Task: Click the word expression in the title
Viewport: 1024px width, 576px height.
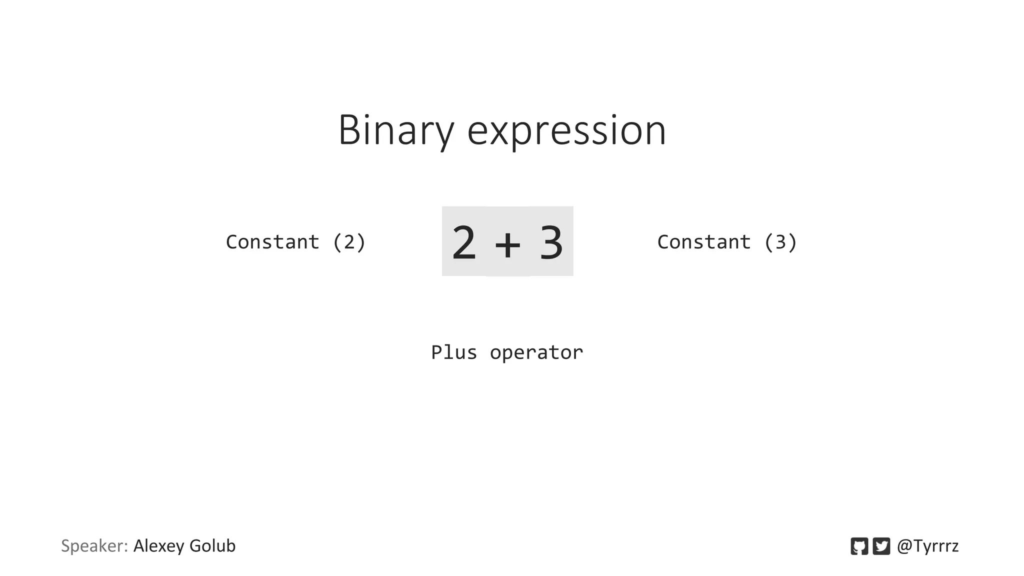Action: click(x=566, y=131)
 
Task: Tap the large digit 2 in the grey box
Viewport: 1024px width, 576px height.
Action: click(x=463, y=243)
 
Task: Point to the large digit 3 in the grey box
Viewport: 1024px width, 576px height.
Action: click(x=551, y=243)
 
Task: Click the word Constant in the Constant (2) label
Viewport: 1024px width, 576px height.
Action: click(x=272, y=242)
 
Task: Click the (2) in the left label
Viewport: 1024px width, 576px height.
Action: click(x=349, y=242)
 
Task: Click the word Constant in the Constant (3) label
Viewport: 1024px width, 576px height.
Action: click(x=703, y=242)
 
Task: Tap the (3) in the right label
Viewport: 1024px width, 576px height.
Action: click(x=780, y=242)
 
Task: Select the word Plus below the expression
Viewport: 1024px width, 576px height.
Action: click(x=454, y=352)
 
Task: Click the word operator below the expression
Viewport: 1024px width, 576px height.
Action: click(x=536, y=353)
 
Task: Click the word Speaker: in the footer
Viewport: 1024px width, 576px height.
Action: click(x=94, y=545)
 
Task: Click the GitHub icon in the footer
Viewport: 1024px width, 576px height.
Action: click(x=859, y=546)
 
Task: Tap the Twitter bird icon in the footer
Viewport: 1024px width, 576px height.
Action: click(x=881, y=546)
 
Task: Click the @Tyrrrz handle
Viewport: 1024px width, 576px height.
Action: click(x=927, y=546)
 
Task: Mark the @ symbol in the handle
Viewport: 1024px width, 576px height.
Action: click(x=904, y=546)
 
